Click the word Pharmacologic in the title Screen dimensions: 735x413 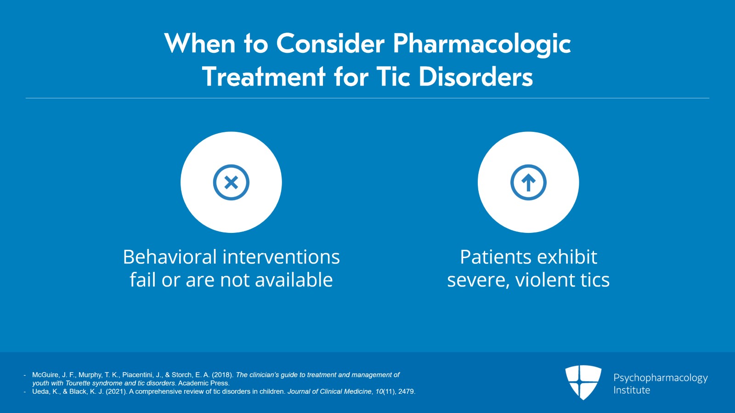pos(482,44)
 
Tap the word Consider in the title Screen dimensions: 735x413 pos(330,43)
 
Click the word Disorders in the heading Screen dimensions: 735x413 pos(476,77)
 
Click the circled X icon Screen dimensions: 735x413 pos(232,182)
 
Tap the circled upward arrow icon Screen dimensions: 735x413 pos(528,182)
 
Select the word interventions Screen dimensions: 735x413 pos(281,257)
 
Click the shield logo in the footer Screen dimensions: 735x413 pos(583,383)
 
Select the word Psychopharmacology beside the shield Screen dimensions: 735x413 pos(661,378)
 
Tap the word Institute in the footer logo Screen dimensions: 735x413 pos(632,390)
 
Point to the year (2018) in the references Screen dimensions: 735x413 pos(222,375)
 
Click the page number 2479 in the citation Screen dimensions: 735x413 pos(407,391)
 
